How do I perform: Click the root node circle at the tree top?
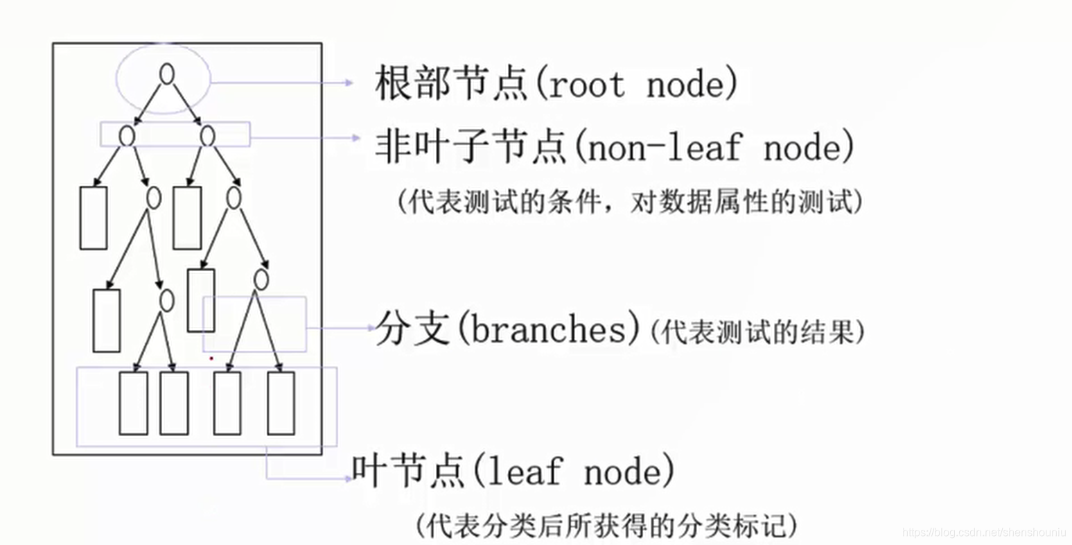tap(166, 73)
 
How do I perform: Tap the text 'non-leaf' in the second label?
tap(663, 147)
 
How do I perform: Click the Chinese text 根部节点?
tap(452, 83)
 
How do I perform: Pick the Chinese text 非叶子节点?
tap(471, 146)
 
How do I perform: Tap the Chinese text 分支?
tap(413, 329)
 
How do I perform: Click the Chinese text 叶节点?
tap(408, 472)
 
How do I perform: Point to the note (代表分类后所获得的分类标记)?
tap(606, 525)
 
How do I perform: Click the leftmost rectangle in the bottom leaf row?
tap(133, 403)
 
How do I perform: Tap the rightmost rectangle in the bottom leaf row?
tap(281, 403)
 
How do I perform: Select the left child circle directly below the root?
tap(126, 136)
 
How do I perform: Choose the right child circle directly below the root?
tap(207, 136)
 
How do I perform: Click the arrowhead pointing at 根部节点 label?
tap(350, 83)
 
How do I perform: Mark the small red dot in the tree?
tap(211, 358)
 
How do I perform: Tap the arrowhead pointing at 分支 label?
tap(371, 328)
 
